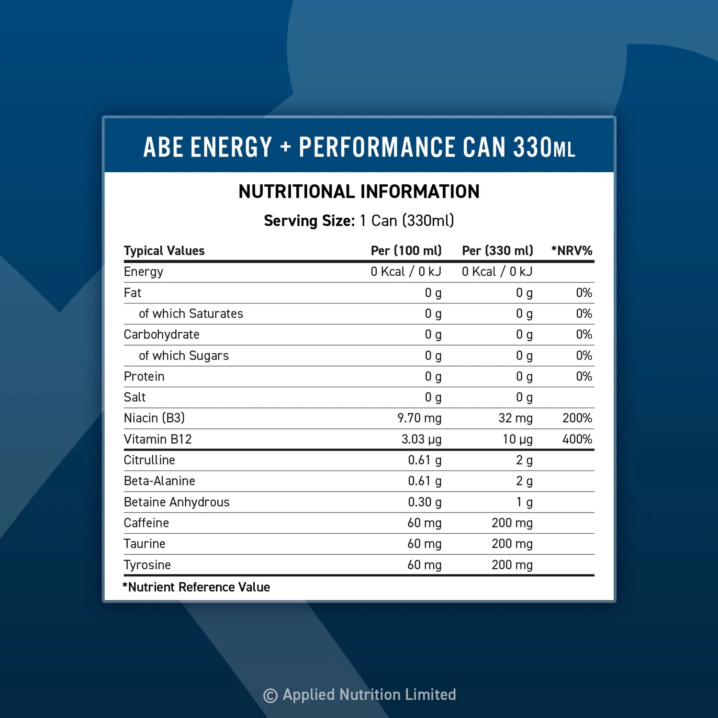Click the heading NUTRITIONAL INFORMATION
[x=359, y=191]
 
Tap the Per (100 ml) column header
[x=406, y=250]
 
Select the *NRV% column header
[x=572, y=250]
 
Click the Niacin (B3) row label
[x=154, y=418]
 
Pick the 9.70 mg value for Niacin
[x=419, y=418]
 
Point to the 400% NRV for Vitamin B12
[x=577, y=439]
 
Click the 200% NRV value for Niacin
[x=577, y=418]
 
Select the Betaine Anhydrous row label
[x=177, y=502]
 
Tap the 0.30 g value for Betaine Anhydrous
[x=425, y=502]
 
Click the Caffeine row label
[x=146, y=523]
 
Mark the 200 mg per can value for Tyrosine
[x=512, y=565]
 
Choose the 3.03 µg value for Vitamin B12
[x=421, y=439]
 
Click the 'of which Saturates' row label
[x=191, y=314]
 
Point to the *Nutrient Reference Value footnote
[x=196, y=587]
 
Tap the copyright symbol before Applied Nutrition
[x=270, y=696]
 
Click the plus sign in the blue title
[x=286, y=147]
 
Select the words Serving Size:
[x=309, y=221]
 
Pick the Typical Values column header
[x=164, y=250]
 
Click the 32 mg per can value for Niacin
[x=515, y=418]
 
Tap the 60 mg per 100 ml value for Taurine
[x=424, y=544]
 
